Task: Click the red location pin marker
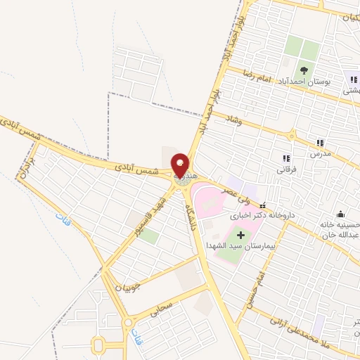pyautogui.click(x=180, y=165)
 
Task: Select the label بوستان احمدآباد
pyautogui.click(x=304, y=82)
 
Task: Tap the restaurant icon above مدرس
pyautogui.click(x=321, y=142)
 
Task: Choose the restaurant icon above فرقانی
pyautogui.click(x=286, y=158)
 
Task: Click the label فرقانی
pyautogui.click(x=286, y=169)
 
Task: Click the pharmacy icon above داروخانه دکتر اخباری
pyautogui.click(x=263, y=205)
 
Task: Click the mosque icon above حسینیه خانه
pyautogui.click(x=341, y=214)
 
